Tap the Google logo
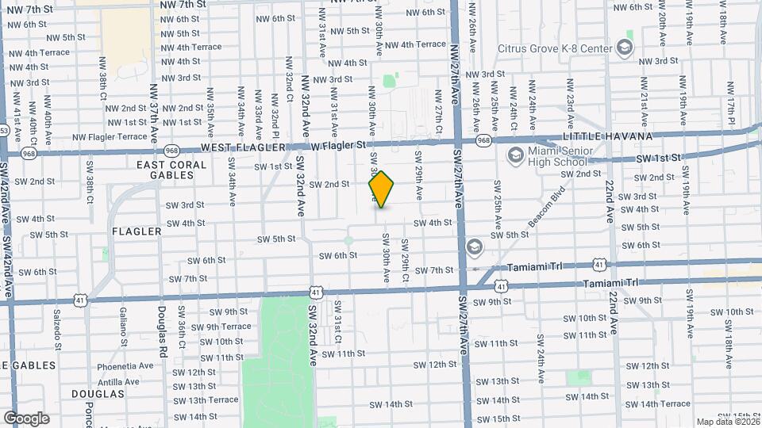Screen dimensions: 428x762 [26, 418]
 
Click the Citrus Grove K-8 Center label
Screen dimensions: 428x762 [555, 48]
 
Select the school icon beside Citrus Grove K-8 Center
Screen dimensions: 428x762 [625, 48]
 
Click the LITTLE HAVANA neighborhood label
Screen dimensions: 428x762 [607, 136]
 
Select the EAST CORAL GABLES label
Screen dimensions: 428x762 [171, 170]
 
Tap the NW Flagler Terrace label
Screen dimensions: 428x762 [110, 136]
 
